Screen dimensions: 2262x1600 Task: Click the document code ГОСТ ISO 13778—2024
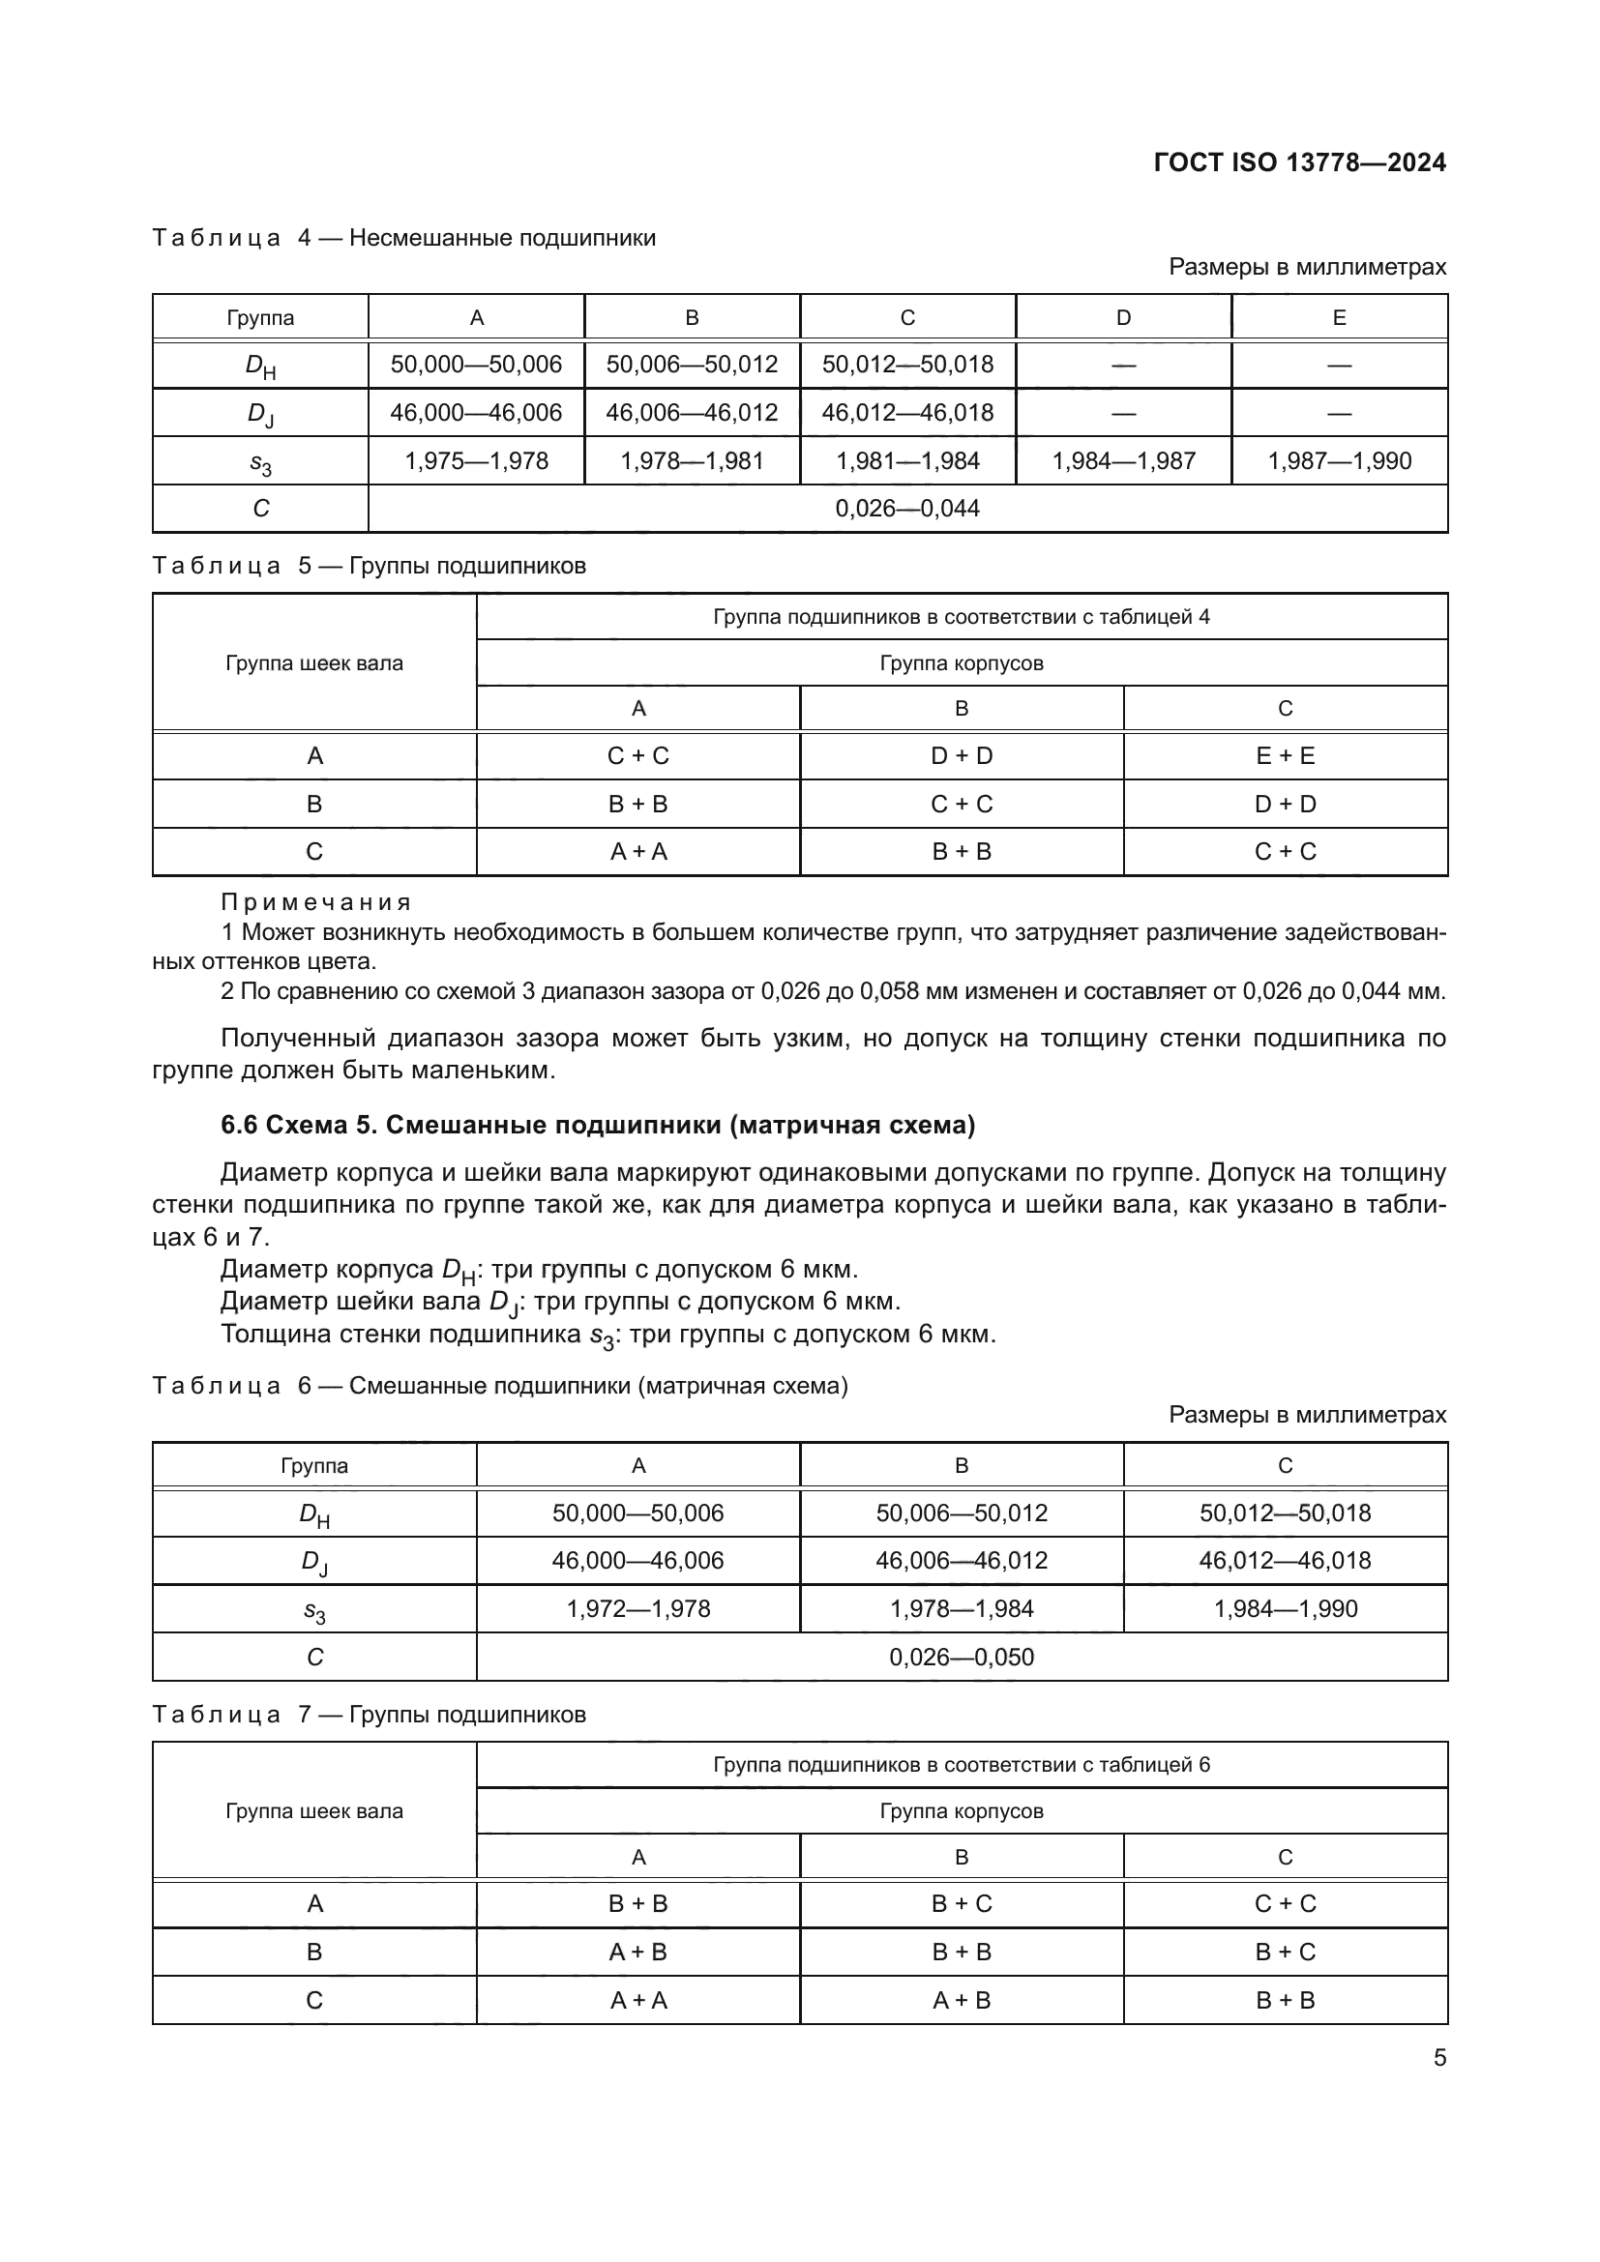pyautogui.click(x=1298, y=162)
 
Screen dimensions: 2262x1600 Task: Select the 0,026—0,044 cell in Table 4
pyautogui.click(x=906, y=509)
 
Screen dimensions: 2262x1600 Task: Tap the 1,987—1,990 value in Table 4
pyautogui.click(x=1339, y=461)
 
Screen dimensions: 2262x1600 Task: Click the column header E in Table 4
pyautogui.click(x=1339, y=318)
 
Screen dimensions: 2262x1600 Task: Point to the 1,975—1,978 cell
pyautogui.click(x=476, y=461)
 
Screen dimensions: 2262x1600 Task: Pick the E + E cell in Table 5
pyautogui.click(x=1285, y=755)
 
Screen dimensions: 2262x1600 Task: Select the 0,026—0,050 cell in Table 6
pyautogui.click(x=962, y=1658)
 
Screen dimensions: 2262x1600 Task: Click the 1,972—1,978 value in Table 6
pyautogui.click(x=637, y=1609)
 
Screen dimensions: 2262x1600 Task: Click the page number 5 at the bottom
pyautogui.click(x=1439, y=2058)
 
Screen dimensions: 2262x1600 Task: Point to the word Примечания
pyautogui.click(x=315, y=902)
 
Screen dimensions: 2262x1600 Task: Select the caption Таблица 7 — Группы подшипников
pyautogui.click(x=369, y=1715)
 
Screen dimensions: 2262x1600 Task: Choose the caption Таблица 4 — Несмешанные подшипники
pyautogui.click(x=404, y=239)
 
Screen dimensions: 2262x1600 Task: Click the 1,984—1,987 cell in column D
pyautogui.click(x=1123, y=461)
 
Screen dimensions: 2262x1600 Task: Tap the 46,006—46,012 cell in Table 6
pyautogui.click(x=962, y=1561)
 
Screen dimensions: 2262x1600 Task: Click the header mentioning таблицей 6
pyautogui.click(x=962, y=1765)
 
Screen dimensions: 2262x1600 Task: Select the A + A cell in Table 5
pyautogui.click(x=637, y=851)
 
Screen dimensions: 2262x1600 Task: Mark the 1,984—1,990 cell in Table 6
pyautogui.click(x=1285, y=1609)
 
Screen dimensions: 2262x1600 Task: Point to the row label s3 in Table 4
pyautogui.click(x=260, y=462)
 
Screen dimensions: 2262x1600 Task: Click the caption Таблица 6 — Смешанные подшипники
pyautogui.click(x=499, y=1386)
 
